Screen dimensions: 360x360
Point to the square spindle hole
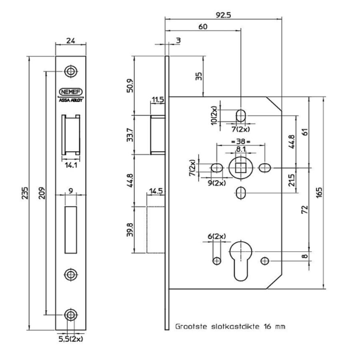point(240,168)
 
